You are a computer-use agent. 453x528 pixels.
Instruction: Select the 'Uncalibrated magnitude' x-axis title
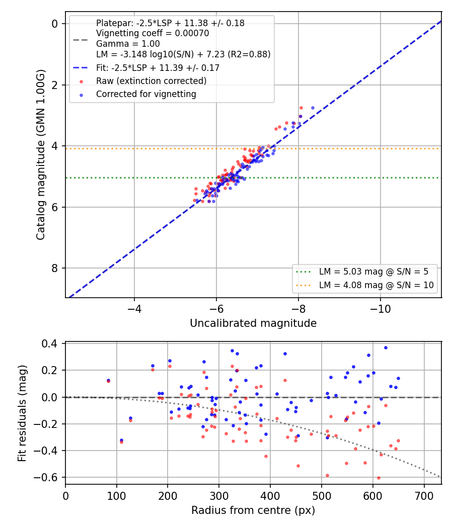click(x=253, y=323)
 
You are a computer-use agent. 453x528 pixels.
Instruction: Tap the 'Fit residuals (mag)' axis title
click(x=22, y=413)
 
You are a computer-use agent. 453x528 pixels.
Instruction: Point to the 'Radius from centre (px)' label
click(x=253, y=510)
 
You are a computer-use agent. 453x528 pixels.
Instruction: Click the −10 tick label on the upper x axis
click(x=380, y=309)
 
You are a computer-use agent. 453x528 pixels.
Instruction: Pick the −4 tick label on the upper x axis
click(x=134, y=309)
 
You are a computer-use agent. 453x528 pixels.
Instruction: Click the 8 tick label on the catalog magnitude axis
click(x=54, y=269)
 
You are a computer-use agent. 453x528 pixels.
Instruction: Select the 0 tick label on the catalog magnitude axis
click(x=54, y=24)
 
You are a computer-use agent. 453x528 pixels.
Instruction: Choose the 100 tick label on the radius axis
click(x=117, y=496)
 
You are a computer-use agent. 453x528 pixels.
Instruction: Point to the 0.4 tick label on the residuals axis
click(x=49, y=343)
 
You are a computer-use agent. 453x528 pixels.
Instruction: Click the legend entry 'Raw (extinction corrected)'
click(x=152, y=81)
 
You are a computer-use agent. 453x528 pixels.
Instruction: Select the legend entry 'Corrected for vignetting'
click(x=146, y=94)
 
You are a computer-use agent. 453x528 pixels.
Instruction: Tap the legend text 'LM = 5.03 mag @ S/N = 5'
click(x=373, y=272)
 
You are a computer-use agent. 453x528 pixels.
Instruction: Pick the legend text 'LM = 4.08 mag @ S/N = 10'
click(x=376, y=285)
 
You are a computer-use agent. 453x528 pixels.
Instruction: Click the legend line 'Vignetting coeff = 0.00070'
click(x=153, y=33)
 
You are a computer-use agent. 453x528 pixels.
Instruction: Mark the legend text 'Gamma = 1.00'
click(x=128, y=44)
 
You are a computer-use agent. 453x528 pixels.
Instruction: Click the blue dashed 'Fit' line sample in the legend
click(x=81, y=68)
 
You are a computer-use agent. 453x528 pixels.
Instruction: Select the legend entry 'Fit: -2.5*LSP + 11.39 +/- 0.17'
click(x=158, y=68)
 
